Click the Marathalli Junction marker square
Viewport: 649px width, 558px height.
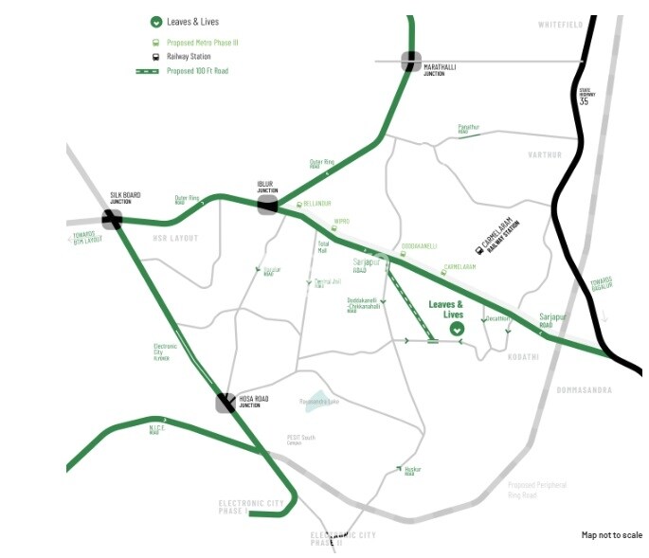pyautogui.click(x=410, y=62)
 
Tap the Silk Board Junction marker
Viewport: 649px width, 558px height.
pyautogui.click(x=113, y=219)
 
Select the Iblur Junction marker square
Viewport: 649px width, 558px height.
pyautogui.click(x=268, y=204)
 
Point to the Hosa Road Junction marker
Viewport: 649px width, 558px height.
pyautogui.click(x=225, y=403)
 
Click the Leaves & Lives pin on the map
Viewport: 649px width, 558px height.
pyautogui.click(x=458, y=329)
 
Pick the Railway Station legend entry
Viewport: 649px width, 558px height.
pyautogui.click(x=190, y=57)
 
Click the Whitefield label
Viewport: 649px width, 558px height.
pyautogui.click(x=560, y=25)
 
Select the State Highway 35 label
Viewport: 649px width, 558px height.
pyautogui.click(x=585, y=97)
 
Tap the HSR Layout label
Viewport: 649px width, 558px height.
pyautogui.click(x=175, y=238)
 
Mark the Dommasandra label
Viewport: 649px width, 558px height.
pyautogui.click(x=585, y=390)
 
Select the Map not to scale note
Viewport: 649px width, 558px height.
pyautogui.click(x=611, y=535)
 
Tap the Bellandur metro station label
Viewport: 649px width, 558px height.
pyautogui.click(x=316, y=204)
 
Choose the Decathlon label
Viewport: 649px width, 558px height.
pyautogui.click(x=497, y=319)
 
